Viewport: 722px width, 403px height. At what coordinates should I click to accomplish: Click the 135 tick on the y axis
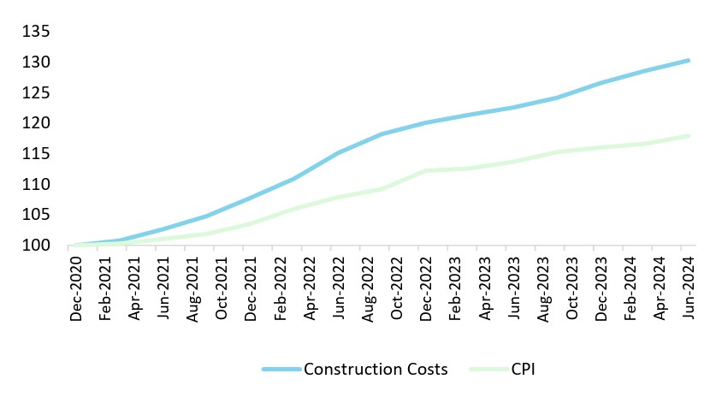[x=38, y=33]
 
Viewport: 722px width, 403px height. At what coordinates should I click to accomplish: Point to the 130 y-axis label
[x=38, y=62]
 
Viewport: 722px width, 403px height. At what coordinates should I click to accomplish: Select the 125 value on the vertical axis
[x=38, y=93]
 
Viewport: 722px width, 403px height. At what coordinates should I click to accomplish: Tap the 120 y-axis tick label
[x=38, y=124]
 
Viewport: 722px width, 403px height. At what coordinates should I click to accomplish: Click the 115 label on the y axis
[x=38, y=154]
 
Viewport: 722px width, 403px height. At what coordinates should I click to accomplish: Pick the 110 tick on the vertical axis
[x=38, y=185]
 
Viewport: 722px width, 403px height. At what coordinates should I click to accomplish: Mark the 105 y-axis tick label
[x=38, y=216]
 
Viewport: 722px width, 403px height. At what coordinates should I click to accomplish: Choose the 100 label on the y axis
[x=38, y=246]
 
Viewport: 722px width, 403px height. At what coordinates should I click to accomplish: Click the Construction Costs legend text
[x=376, y=370]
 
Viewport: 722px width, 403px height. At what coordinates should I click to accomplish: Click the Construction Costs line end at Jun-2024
[x=689, y=61]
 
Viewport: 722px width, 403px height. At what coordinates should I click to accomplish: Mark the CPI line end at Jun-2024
[x=689, y=136]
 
